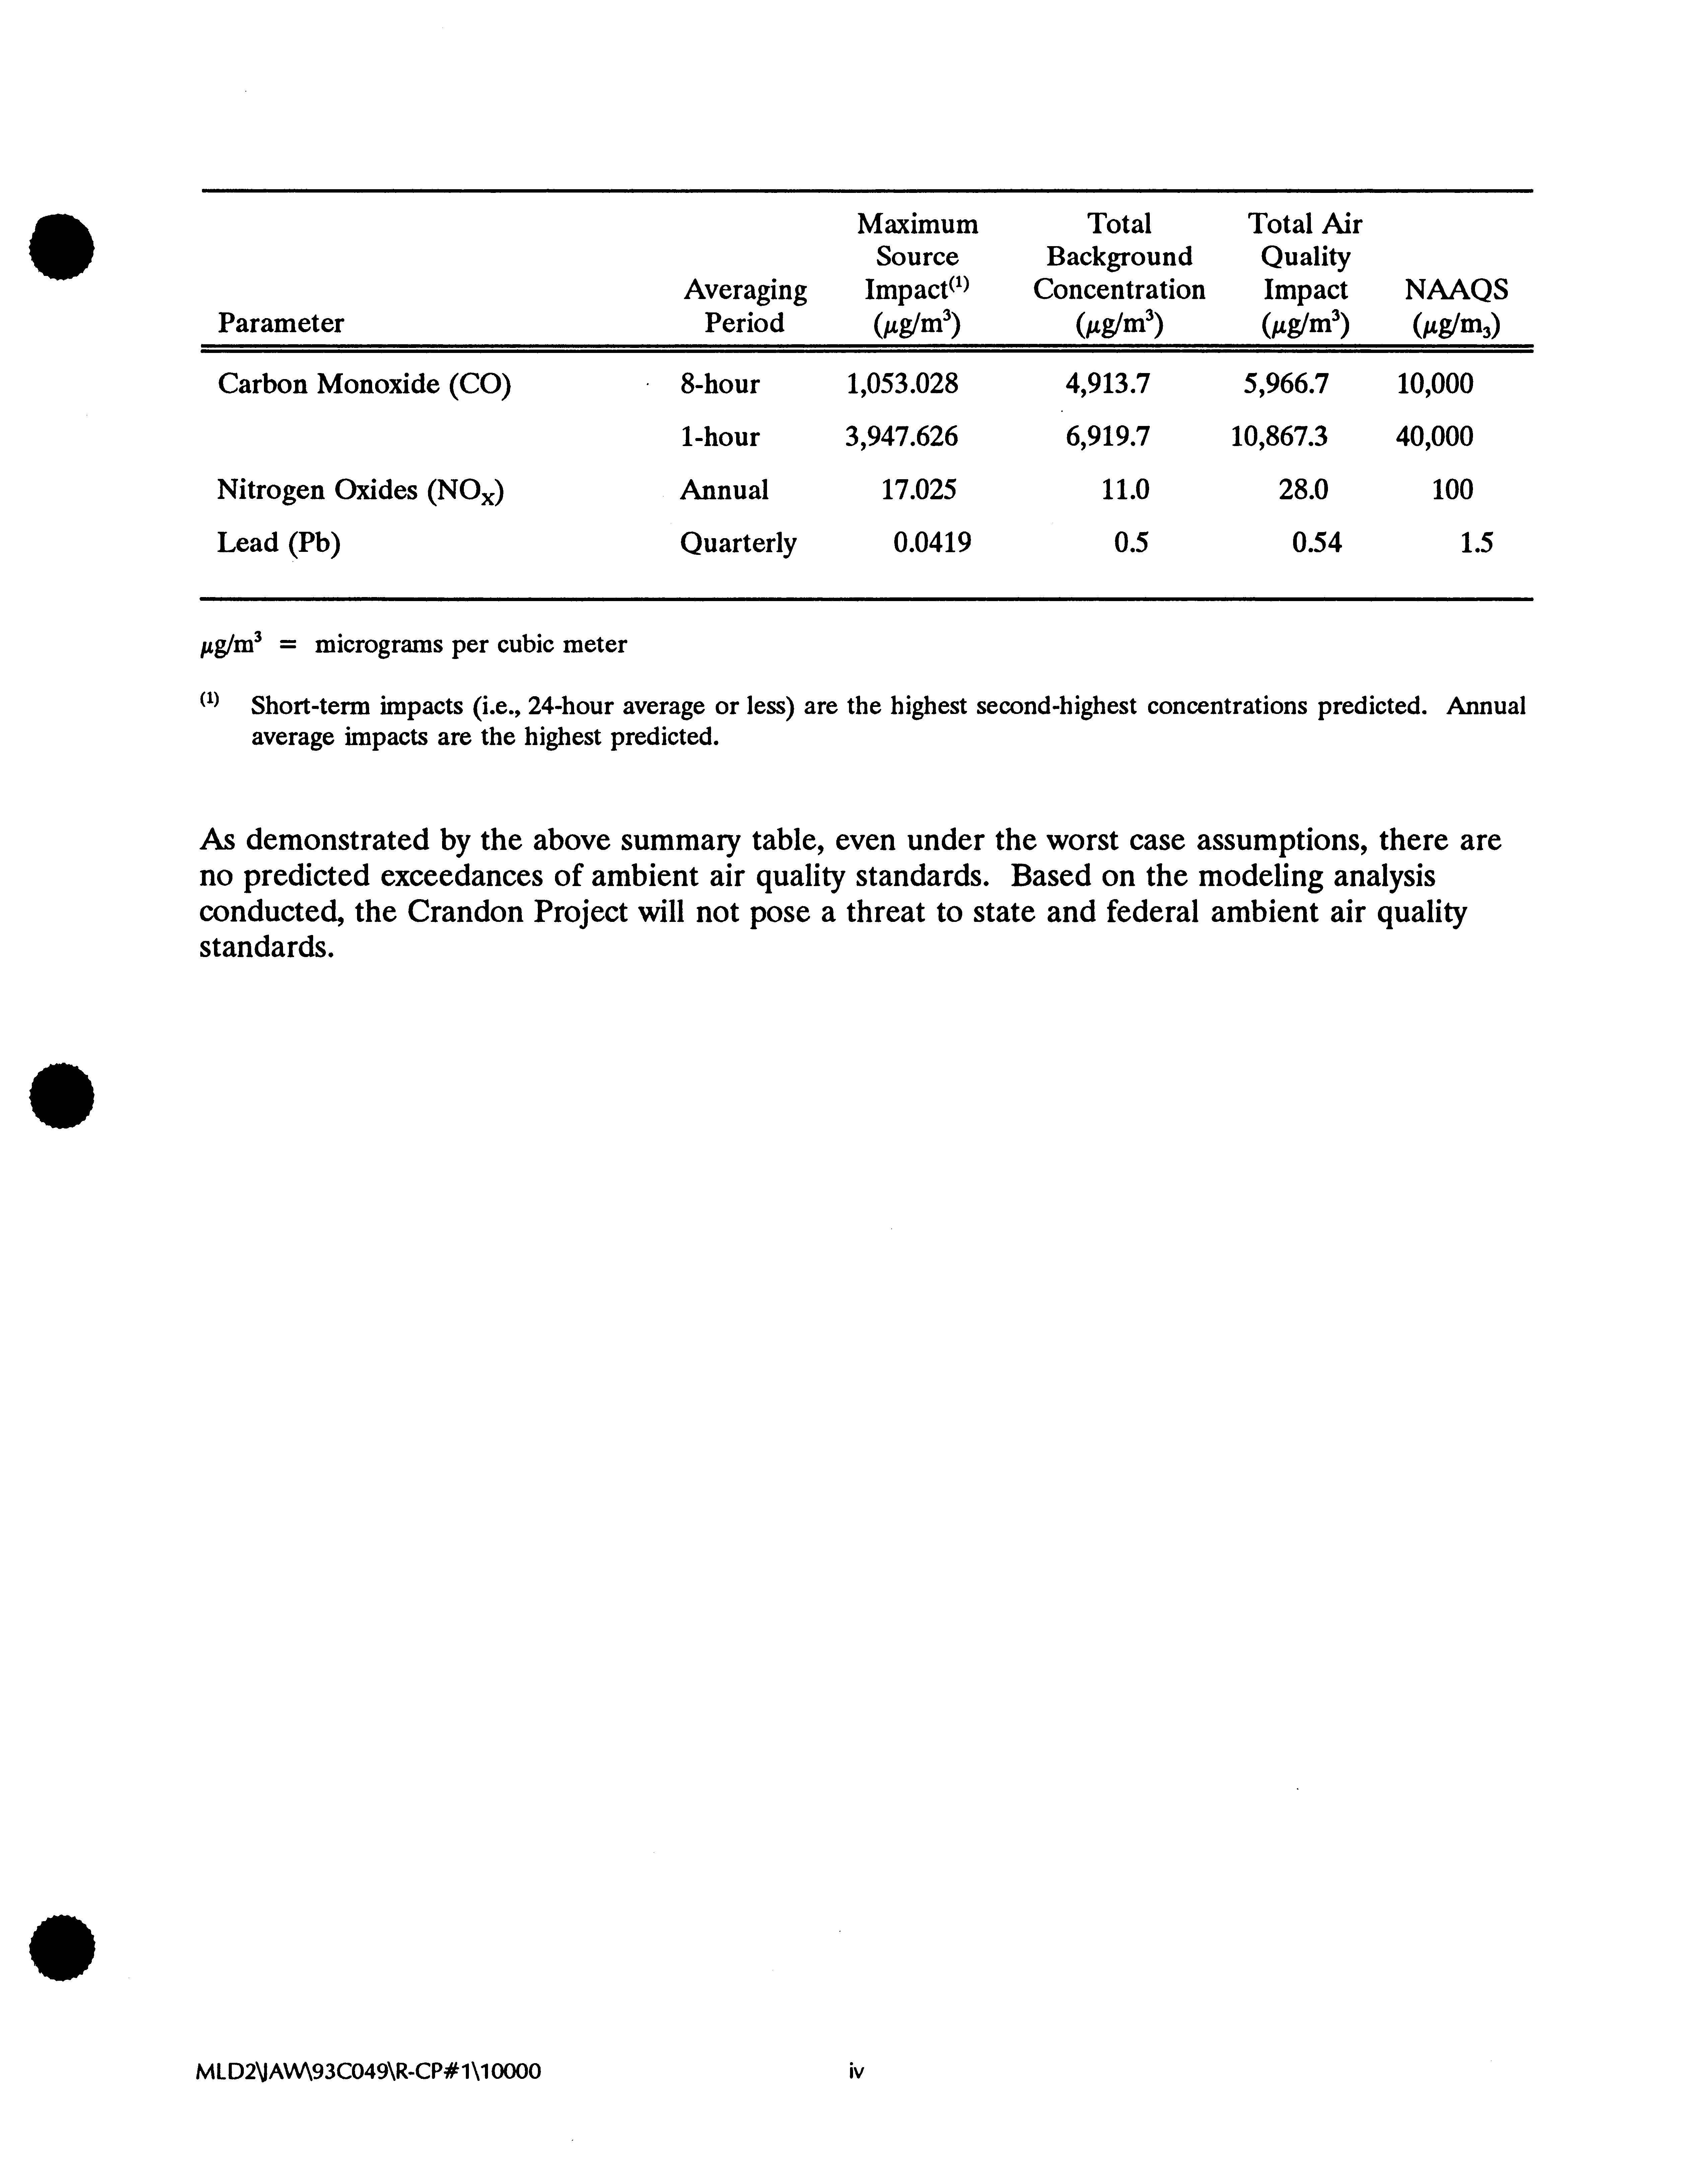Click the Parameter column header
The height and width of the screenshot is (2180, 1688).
tap(281, 323)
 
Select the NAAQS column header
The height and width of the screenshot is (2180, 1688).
tap(1456, 290)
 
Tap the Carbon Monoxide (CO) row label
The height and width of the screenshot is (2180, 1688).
tap(364, 384)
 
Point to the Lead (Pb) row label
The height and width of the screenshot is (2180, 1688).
tap(279, 543)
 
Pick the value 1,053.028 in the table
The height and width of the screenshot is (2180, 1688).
tap(901, 384)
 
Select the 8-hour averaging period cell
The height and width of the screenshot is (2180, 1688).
tap(720, 384)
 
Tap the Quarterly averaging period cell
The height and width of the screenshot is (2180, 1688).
tap(738, 543)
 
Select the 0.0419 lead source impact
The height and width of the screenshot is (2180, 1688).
tap(931, 543)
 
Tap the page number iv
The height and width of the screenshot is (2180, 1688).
tap(855, 2071)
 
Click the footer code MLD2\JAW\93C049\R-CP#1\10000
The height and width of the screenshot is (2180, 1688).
tap(369, 2071)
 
